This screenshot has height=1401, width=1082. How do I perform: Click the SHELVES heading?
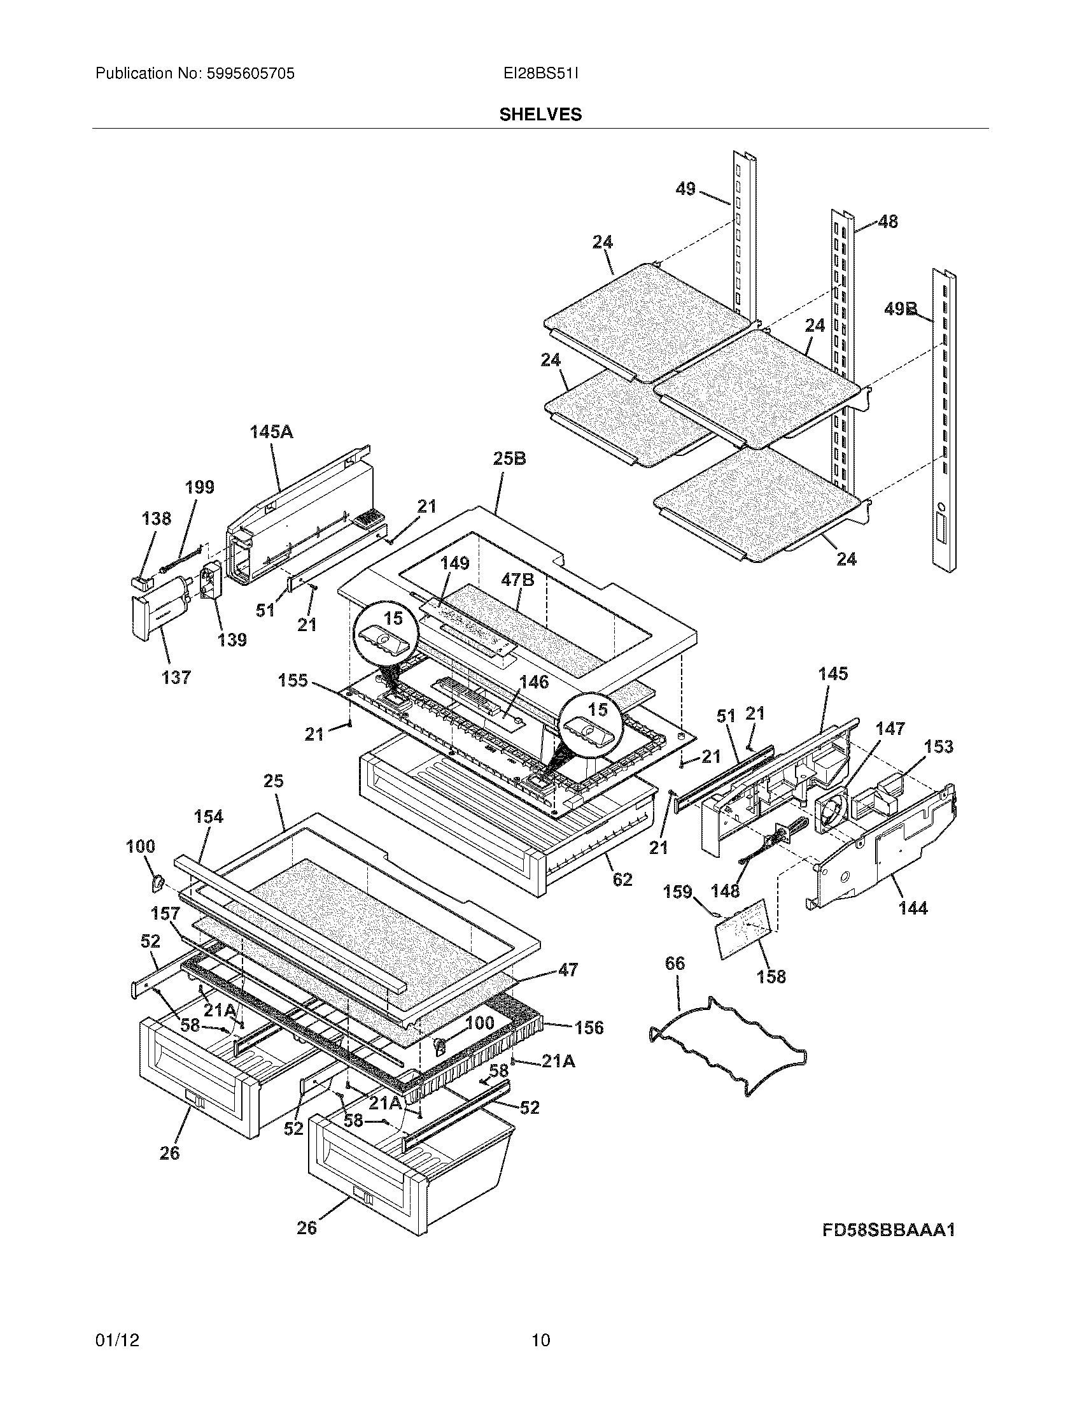pos(540,115)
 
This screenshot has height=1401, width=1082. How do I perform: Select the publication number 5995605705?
pos(251,74)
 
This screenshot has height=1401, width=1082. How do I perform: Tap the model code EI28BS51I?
pos(540,74)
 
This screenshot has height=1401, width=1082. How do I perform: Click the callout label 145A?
pos(271,432)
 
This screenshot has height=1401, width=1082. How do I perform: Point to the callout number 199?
pos(199,487)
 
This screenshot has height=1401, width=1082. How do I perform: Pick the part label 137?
pos(176,678)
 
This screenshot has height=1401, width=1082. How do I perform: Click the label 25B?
pos(510,459)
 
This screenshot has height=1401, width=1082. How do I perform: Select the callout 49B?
pos(901,309)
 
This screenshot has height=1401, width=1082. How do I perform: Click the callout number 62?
pos(622,879)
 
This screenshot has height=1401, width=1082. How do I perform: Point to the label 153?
pos(938,747)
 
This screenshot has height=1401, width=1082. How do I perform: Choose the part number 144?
pos(913,907)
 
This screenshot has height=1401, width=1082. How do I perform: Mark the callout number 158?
pos(771,976)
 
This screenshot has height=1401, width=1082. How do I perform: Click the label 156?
pos(589,1028)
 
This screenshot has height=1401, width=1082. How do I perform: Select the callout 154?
pos(208,816)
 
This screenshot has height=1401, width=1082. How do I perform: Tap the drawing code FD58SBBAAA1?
pos(889,1230)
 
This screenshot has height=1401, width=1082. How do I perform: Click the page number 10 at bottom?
pos(540,1341)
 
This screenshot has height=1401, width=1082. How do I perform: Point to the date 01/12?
pos(116,1341)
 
